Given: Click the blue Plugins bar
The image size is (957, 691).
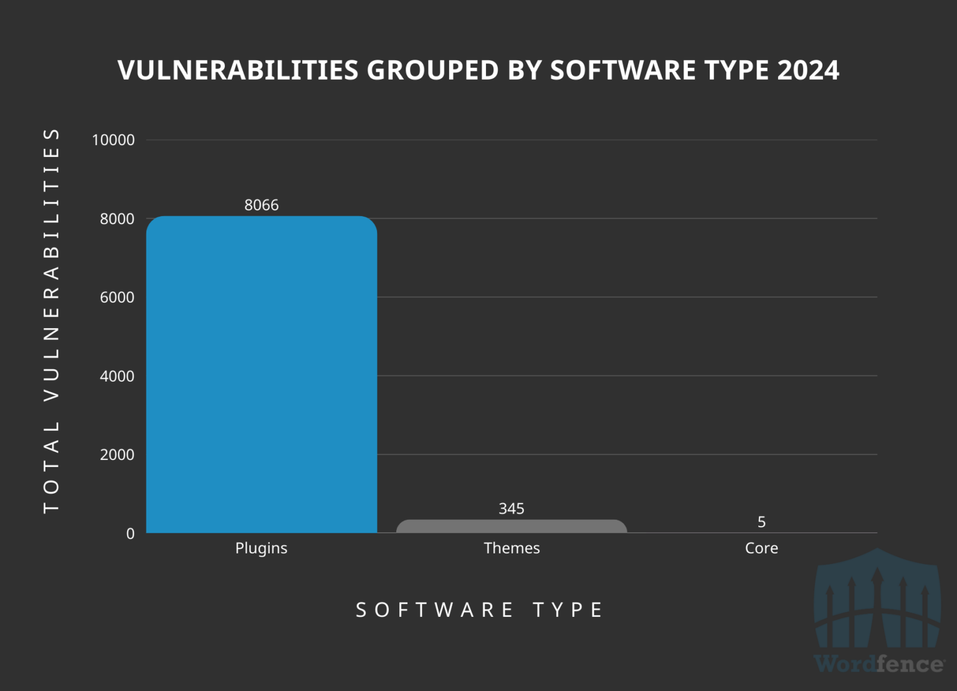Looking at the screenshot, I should (262, 374).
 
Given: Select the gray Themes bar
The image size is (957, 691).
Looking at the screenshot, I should (512, 527).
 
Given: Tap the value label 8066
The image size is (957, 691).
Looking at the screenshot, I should (262, 205).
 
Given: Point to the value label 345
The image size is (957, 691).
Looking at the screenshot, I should (512, 509).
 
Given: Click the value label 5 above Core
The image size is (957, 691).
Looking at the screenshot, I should (761, 522).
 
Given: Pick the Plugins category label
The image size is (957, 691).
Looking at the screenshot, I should (262, 548).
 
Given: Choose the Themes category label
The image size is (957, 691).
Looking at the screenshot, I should (512, 548).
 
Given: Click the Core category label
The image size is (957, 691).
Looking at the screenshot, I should (761, 548).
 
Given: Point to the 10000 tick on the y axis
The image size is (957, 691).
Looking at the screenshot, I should (113, 140).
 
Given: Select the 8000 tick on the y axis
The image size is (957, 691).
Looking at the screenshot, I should (117, 219).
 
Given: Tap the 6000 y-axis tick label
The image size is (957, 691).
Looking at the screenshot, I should (117, 298).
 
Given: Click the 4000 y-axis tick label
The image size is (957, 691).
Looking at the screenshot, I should (117, 376).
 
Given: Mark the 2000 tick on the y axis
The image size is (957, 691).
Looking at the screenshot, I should (117, 454).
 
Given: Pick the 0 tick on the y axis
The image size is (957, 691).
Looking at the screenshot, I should (130, 534).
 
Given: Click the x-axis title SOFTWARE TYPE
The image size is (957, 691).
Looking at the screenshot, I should (479, 609).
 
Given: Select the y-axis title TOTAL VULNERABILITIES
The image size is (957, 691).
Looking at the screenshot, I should (51, 321).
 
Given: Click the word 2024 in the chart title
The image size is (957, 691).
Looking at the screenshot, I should (808, 70).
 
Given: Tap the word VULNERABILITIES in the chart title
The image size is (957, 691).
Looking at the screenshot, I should (238, 70).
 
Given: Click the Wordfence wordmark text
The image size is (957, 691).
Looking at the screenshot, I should (878, 664).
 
